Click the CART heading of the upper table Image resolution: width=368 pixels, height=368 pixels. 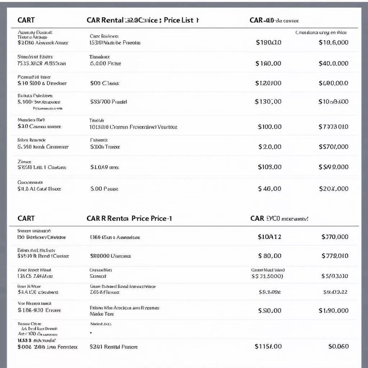[x=26, y=20]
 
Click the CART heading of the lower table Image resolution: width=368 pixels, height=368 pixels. [x=26, y=218]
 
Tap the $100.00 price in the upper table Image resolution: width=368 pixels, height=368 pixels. [x=270, y=126]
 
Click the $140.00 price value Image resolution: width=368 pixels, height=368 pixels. [x=268, y=63]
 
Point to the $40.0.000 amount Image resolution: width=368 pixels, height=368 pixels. [x=333, y=63]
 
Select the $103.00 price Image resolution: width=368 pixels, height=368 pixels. [x=270, y=167]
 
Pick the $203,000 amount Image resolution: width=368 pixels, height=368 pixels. [x=333, y=189]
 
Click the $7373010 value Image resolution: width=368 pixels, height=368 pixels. [x=333, y=126]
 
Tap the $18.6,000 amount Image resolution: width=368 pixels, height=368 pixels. [x=333, y=42]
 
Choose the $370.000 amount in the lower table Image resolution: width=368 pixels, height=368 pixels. [x=335, y=237]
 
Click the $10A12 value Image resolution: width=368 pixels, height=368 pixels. [x=270, y=237]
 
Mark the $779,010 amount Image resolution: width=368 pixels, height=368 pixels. [x=335, y=256]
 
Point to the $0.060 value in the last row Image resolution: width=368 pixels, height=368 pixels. [x=338, y=346]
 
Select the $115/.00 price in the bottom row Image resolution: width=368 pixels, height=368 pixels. [x=268, y=346]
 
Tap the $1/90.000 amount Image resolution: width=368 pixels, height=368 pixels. [x=333, y=310]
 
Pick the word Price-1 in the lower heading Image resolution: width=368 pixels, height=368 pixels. [x=161, y=218]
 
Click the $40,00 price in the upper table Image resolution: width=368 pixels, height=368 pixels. [x=270, y=189]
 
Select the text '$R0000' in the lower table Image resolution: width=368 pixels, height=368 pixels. [x=100, y=256]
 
